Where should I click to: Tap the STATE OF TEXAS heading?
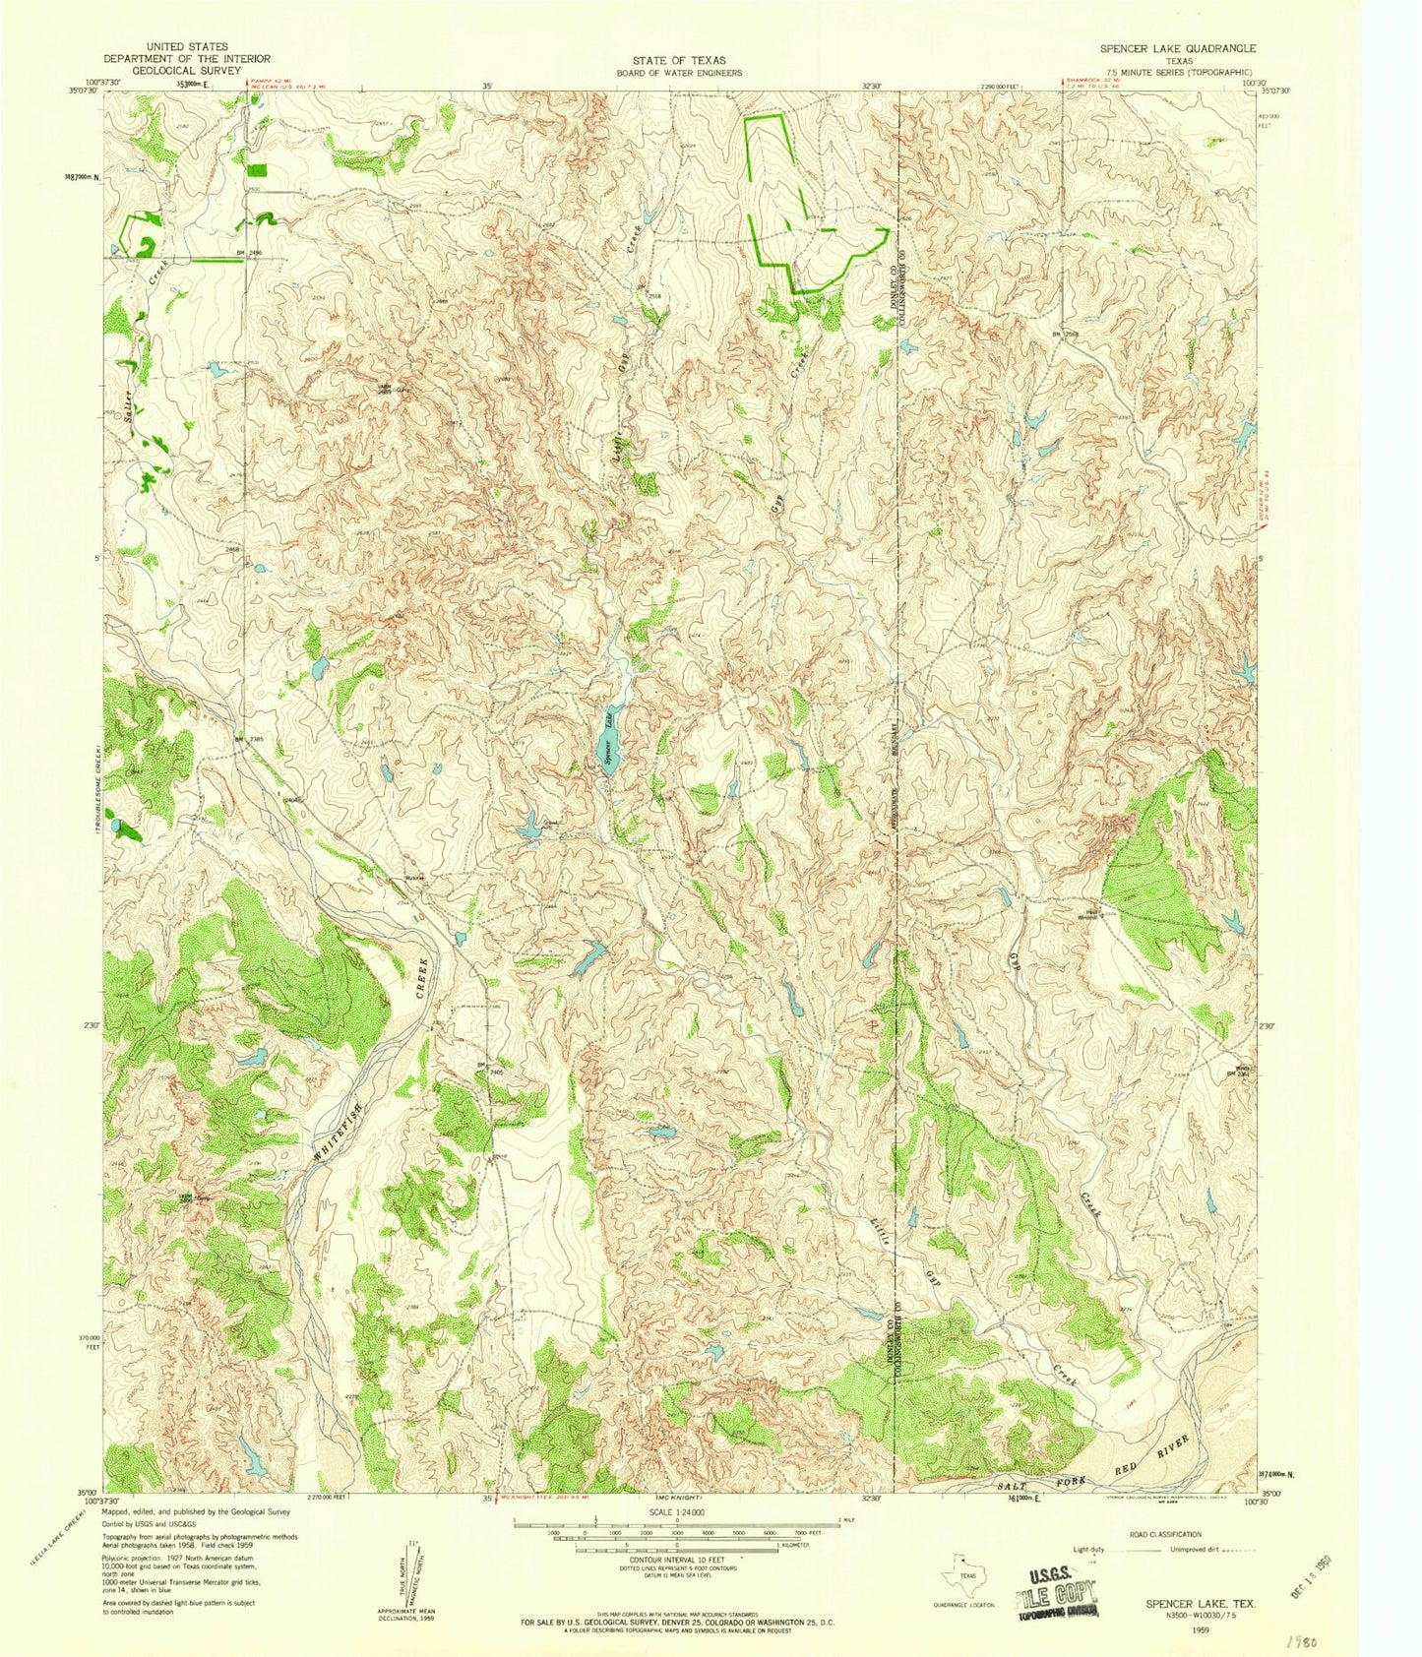[x=679, y=60]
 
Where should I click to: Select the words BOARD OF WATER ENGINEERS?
[x=679, y=73]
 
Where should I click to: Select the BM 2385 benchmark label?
[x=249, y=739]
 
